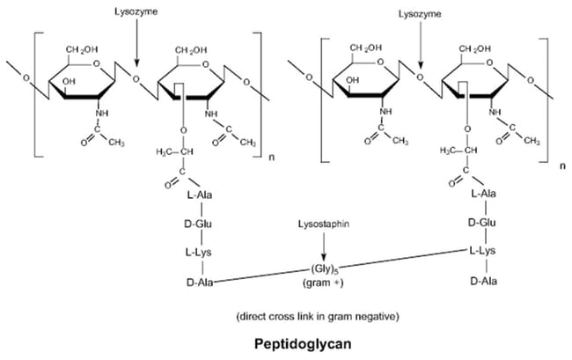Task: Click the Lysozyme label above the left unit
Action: [135, 13]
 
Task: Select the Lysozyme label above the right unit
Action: [419, 13]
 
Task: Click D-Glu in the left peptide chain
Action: [200, 224]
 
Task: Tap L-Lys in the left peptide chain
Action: [200, 253]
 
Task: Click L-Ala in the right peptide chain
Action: [486, 193]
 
